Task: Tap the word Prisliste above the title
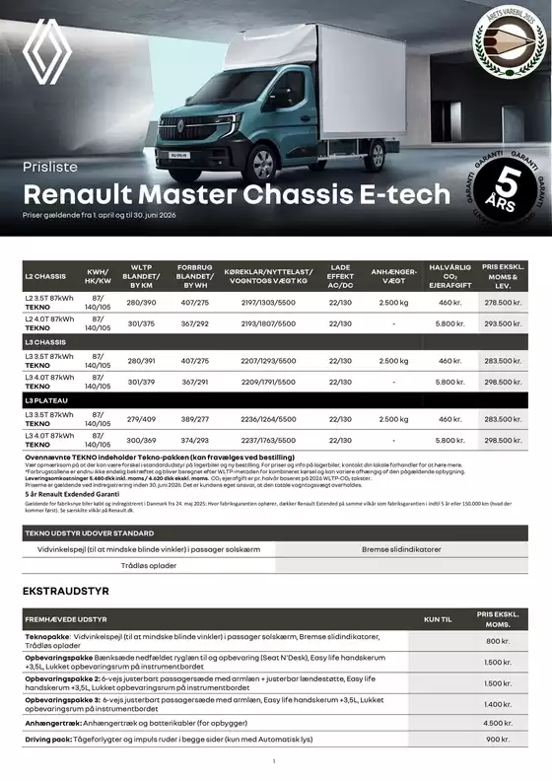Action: pos(49,167)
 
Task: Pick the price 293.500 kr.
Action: pos(503,323)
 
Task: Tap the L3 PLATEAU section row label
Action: pos(44,401)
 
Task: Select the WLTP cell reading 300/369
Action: pos(141,440)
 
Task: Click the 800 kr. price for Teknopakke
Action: pos(498,642)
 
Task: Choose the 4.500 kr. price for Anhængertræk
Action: pos(498,723)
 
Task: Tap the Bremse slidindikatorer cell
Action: pos(402,548)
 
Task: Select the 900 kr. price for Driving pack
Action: pos(498,739)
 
